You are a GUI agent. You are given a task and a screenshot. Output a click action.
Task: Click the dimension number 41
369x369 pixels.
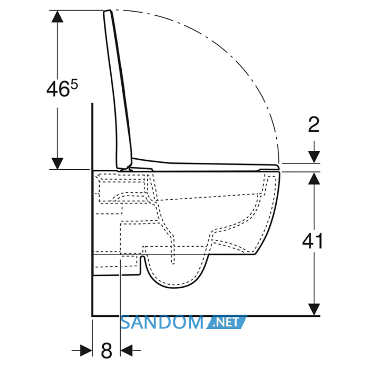click(313, 241)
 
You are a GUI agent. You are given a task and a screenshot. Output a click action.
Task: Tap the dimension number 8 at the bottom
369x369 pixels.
click(106, 351)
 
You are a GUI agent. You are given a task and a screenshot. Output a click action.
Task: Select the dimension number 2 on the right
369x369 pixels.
click(314, 124)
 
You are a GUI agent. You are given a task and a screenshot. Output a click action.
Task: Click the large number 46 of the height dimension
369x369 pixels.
click(57, 89)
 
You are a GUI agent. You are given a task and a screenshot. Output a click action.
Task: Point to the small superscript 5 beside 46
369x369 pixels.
click(74, 85)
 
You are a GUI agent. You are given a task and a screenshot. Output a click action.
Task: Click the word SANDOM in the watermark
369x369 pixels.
click(162, 323)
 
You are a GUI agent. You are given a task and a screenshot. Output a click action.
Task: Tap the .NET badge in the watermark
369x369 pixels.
click(227, 322)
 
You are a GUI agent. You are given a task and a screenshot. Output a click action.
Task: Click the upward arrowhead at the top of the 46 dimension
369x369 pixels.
click(57, 16)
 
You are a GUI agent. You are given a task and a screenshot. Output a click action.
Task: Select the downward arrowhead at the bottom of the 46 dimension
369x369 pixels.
click(57, 163)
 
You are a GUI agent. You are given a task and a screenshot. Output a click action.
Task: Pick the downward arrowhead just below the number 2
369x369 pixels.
click(314, 157)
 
